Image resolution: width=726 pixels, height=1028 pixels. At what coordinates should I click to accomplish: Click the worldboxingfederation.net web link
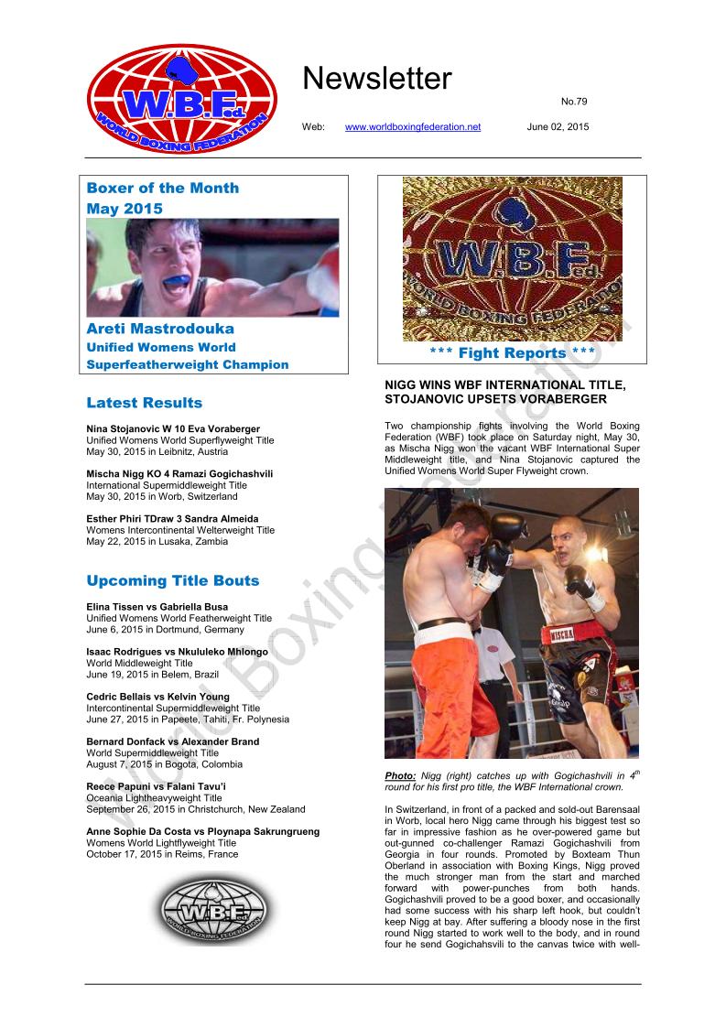(412, 126)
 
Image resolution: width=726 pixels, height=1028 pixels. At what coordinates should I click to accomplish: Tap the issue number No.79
(575, 100)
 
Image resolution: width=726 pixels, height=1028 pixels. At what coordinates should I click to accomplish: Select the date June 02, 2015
(558, 126)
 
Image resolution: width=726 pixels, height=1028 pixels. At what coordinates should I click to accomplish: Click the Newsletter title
(376, 80)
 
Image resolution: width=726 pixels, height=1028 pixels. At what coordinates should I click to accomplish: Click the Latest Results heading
(145, 403)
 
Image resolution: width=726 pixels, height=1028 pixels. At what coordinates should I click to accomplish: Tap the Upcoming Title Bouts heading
(173, 580)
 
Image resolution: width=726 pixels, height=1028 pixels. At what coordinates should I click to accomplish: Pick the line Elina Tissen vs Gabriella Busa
(157, 607)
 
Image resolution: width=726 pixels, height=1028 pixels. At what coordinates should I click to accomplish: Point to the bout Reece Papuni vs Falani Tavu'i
(157, 786)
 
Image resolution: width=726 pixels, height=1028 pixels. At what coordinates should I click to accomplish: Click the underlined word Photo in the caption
(400, 776)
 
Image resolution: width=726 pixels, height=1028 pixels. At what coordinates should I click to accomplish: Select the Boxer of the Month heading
(162, 188)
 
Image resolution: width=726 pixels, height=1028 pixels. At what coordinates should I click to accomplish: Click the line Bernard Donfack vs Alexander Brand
(172, 741)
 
